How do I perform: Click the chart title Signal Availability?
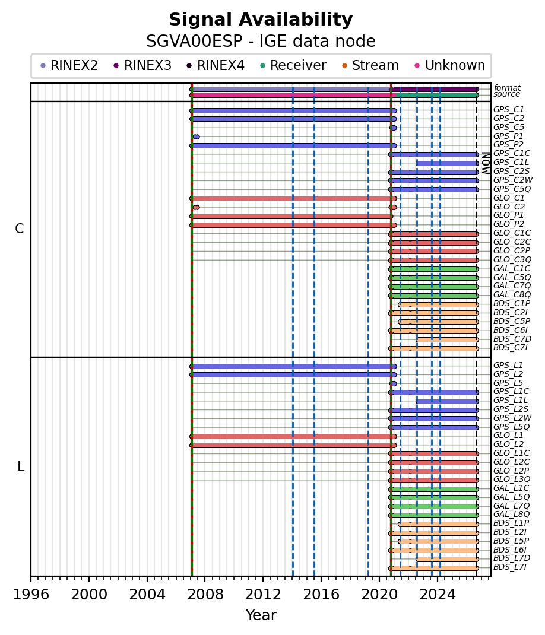pyautogui.click(x=261, y=20)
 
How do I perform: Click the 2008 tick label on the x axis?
pyautogui.click(x=205, y=595)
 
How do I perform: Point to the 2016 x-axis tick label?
pyautogui.click(x=321, y=595)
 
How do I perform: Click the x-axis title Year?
pyautogui.click(x=261, y=615)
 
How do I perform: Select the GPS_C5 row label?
pyautogui.click(x=509, y=127)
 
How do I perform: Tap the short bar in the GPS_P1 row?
pyautogui.click(x=196, y=137)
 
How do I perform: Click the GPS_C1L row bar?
pyautogui.click(x=448, y=163)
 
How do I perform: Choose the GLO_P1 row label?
pyautogui.click(x=509, y=215)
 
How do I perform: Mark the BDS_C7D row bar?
pyautogui.click(x=448, y=340)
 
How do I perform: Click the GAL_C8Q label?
pyautogui.click(x=512, y=294)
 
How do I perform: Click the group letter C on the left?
pyautogui.click(x=20, y=229)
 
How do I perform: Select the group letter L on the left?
pyautogui.click(x=21, y=467)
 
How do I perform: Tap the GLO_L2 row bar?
pyautogui.click(x=293, y=446)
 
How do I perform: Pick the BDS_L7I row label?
pyautogui.click(x=510, y=567)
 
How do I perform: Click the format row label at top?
pyautogui.click(x=508, y=88)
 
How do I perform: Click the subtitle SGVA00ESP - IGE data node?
pyautogui.click(x=261, y=42)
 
